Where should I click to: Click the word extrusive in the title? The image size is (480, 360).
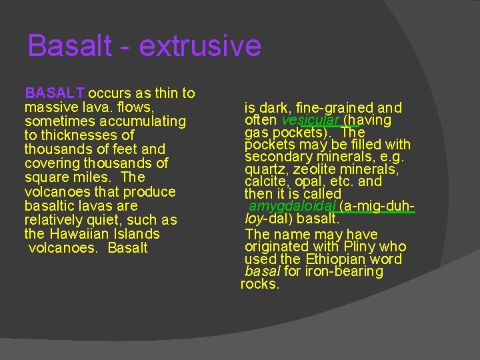(200, 47)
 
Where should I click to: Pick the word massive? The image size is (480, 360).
(48, 107)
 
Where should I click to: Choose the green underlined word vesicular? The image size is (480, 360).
(310, 120)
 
